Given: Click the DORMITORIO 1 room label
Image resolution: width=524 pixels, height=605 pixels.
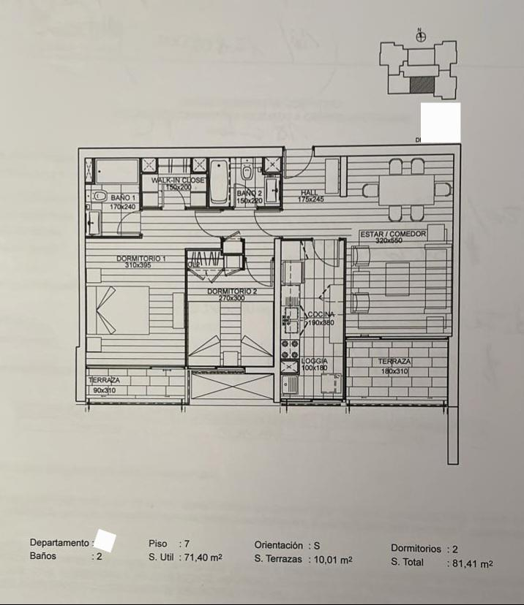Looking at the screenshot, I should pos(141,259).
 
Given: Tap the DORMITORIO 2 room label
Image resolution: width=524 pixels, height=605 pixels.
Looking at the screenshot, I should pos(231,292).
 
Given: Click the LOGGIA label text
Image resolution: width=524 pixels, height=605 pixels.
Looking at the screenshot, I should pos(315,361).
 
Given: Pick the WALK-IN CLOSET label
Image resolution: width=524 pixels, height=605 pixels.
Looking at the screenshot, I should pos(178,180).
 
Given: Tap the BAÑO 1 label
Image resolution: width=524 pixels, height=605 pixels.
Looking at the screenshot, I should pos(123,198).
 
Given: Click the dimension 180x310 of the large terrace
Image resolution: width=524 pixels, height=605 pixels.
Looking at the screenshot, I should pos(394,371).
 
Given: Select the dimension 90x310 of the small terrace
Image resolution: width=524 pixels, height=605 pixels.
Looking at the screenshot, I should pos(103,390).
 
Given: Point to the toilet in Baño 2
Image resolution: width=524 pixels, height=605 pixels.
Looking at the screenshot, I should pos(247,172).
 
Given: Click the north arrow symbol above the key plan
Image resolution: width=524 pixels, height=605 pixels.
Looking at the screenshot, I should pos(420,34).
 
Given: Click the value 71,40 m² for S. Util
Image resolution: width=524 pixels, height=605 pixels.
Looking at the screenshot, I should pos(203,557).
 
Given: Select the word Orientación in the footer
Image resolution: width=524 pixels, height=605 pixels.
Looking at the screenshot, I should pos(279,545).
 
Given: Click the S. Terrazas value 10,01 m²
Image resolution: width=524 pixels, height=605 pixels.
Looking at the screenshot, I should pos(332,560).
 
